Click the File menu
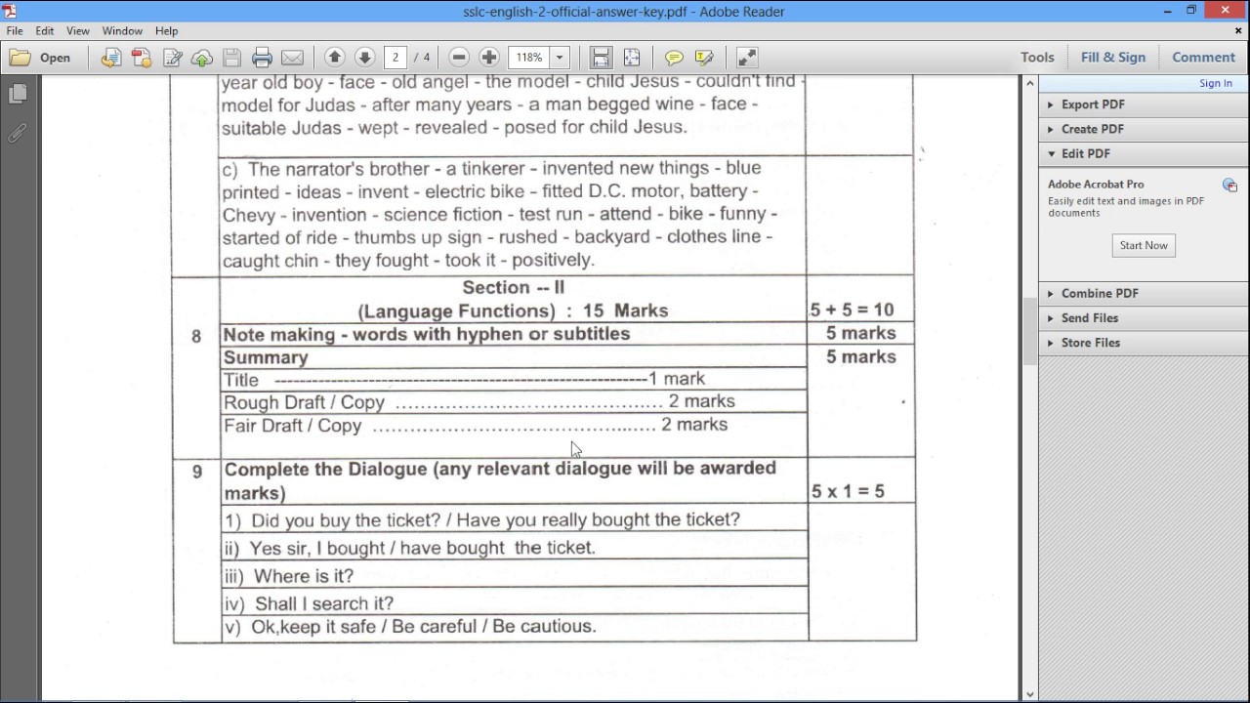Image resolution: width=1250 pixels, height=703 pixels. (15, 31)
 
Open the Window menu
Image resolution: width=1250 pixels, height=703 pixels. (122, 31)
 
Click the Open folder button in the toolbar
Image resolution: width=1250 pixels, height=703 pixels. (41, 58)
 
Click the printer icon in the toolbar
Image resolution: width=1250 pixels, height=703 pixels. (262, 58)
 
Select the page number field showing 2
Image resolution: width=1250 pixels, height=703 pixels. (396, 58)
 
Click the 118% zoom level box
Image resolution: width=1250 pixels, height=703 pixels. (529, 58)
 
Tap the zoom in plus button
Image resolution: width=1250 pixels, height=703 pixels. (489, 58)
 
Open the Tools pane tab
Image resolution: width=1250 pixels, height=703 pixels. (1037, 58)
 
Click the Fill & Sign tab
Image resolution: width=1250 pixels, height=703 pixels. (1112, 58)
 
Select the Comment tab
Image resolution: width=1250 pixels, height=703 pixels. (1203, 58)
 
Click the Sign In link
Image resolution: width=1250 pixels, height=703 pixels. (1215, 84)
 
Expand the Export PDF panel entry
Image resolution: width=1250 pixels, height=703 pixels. (1092, 104)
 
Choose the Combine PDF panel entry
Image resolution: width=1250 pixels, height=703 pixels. (1099, 293)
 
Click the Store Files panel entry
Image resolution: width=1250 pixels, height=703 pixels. (1090, 343)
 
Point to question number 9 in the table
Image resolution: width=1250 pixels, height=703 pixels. (197, 473)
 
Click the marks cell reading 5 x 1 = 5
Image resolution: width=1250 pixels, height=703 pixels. (848, 491)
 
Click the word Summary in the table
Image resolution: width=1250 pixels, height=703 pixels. (266, 357)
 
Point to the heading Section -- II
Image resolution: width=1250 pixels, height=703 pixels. (513, 287)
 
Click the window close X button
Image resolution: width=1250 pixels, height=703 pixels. (1226, 11)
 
